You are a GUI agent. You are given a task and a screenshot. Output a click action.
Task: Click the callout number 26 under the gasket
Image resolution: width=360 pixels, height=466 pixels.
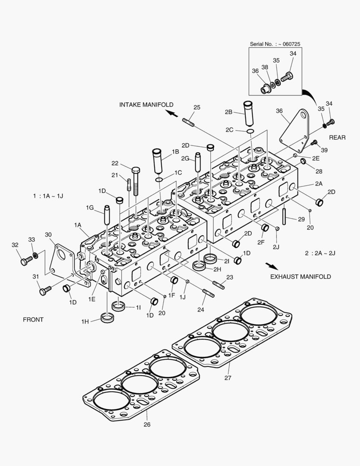(x=147, y=424)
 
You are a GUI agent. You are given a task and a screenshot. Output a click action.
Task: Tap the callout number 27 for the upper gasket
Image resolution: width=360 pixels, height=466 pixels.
(x=228, y=378)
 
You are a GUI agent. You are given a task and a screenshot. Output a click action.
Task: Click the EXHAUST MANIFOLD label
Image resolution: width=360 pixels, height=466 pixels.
(x=301, y=276)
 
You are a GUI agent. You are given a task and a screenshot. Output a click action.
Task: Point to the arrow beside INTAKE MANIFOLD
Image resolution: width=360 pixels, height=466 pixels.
(x=172, y=113)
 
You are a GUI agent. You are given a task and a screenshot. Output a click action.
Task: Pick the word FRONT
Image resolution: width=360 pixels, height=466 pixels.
(x=33, y=320)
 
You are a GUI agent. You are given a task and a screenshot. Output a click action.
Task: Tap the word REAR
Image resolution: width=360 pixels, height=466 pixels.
(x=337, y=138)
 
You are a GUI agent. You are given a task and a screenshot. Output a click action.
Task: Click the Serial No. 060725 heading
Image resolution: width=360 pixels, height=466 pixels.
(x=275, y=44)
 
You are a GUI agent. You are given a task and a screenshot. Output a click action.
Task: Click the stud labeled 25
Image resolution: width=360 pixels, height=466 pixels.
(x=188, y=122)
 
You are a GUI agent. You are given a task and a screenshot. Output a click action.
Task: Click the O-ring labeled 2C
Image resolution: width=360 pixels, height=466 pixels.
(x=250, y=131)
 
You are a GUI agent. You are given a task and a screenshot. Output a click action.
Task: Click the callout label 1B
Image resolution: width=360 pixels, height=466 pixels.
(x=175, y=151)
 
